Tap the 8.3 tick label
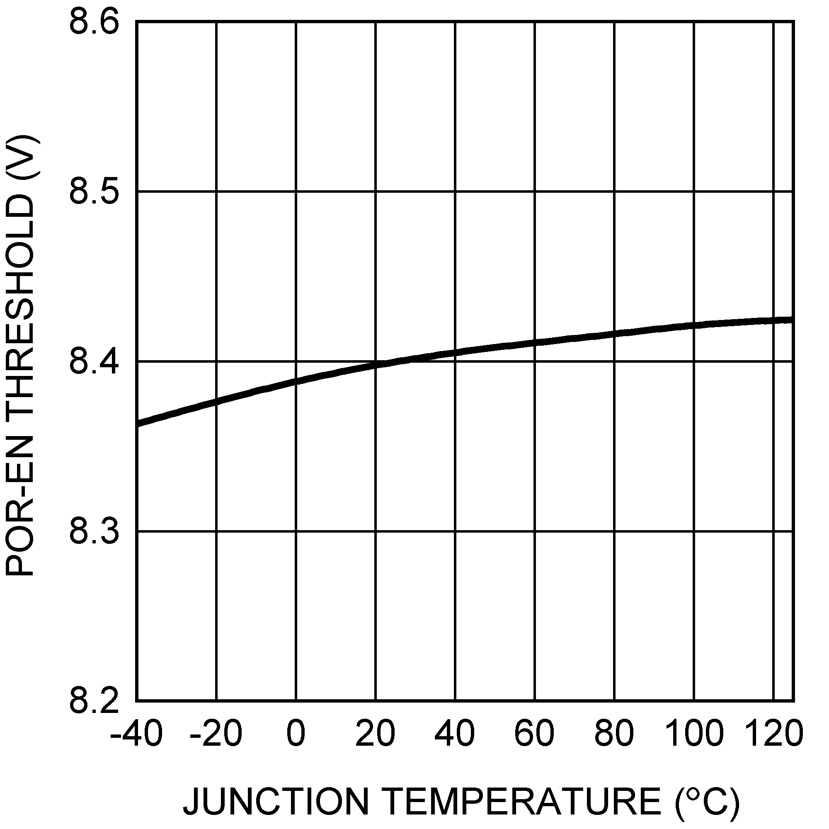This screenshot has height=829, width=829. tap(94, 532)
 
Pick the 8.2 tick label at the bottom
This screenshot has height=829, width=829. tap(94, 702)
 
